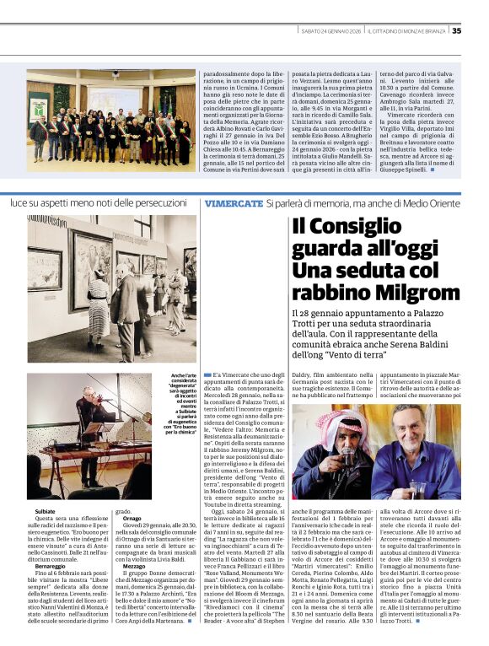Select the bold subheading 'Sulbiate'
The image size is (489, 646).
click(46, 512)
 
